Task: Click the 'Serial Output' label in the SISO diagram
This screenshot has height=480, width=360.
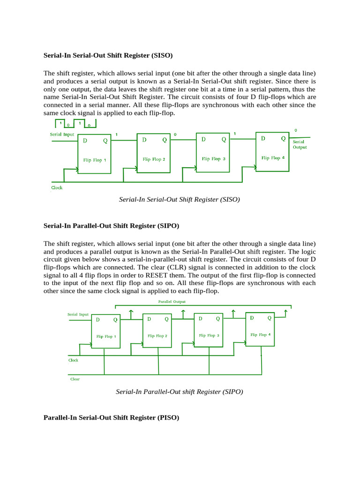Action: tap(300, 144)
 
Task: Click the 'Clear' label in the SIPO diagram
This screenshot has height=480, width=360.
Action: tap(75, 379)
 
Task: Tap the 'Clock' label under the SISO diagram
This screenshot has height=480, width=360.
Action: tap(57, 187)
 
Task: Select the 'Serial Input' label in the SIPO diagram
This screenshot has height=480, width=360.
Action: tap(78, 315)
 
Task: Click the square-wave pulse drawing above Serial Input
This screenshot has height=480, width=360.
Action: tap(75, 124)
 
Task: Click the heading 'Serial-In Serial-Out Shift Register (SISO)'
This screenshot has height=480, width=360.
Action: tap(108, 55)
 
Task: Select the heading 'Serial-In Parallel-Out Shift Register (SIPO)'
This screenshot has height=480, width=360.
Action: tap(111, 226)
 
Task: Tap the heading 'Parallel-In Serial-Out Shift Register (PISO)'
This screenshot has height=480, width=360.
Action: tap(111, 417)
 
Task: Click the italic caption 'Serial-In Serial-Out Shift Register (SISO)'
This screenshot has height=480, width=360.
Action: tap(180, 199)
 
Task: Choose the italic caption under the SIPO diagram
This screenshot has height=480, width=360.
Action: tap(180, 391)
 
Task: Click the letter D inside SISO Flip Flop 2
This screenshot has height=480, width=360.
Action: tap(144, 140)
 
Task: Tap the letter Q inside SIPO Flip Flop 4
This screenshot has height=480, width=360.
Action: tap(270, 318)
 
